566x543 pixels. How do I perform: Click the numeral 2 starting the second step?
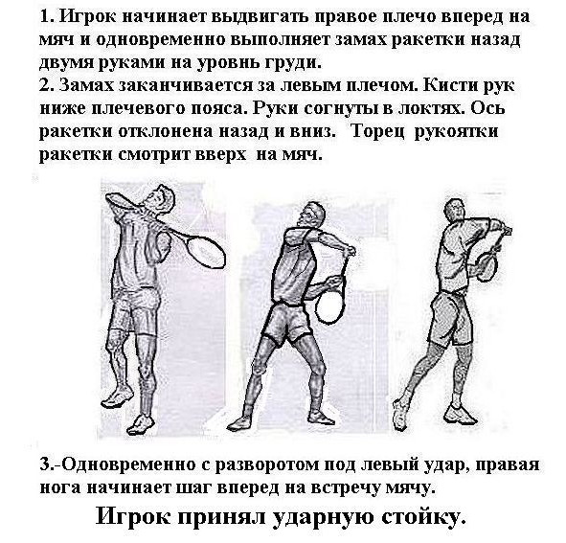[x=44, y=85]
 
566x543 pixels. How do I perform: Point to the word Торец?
[x=379, y=132]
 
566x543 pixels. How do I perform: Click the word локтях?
[x=432, y=108]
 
